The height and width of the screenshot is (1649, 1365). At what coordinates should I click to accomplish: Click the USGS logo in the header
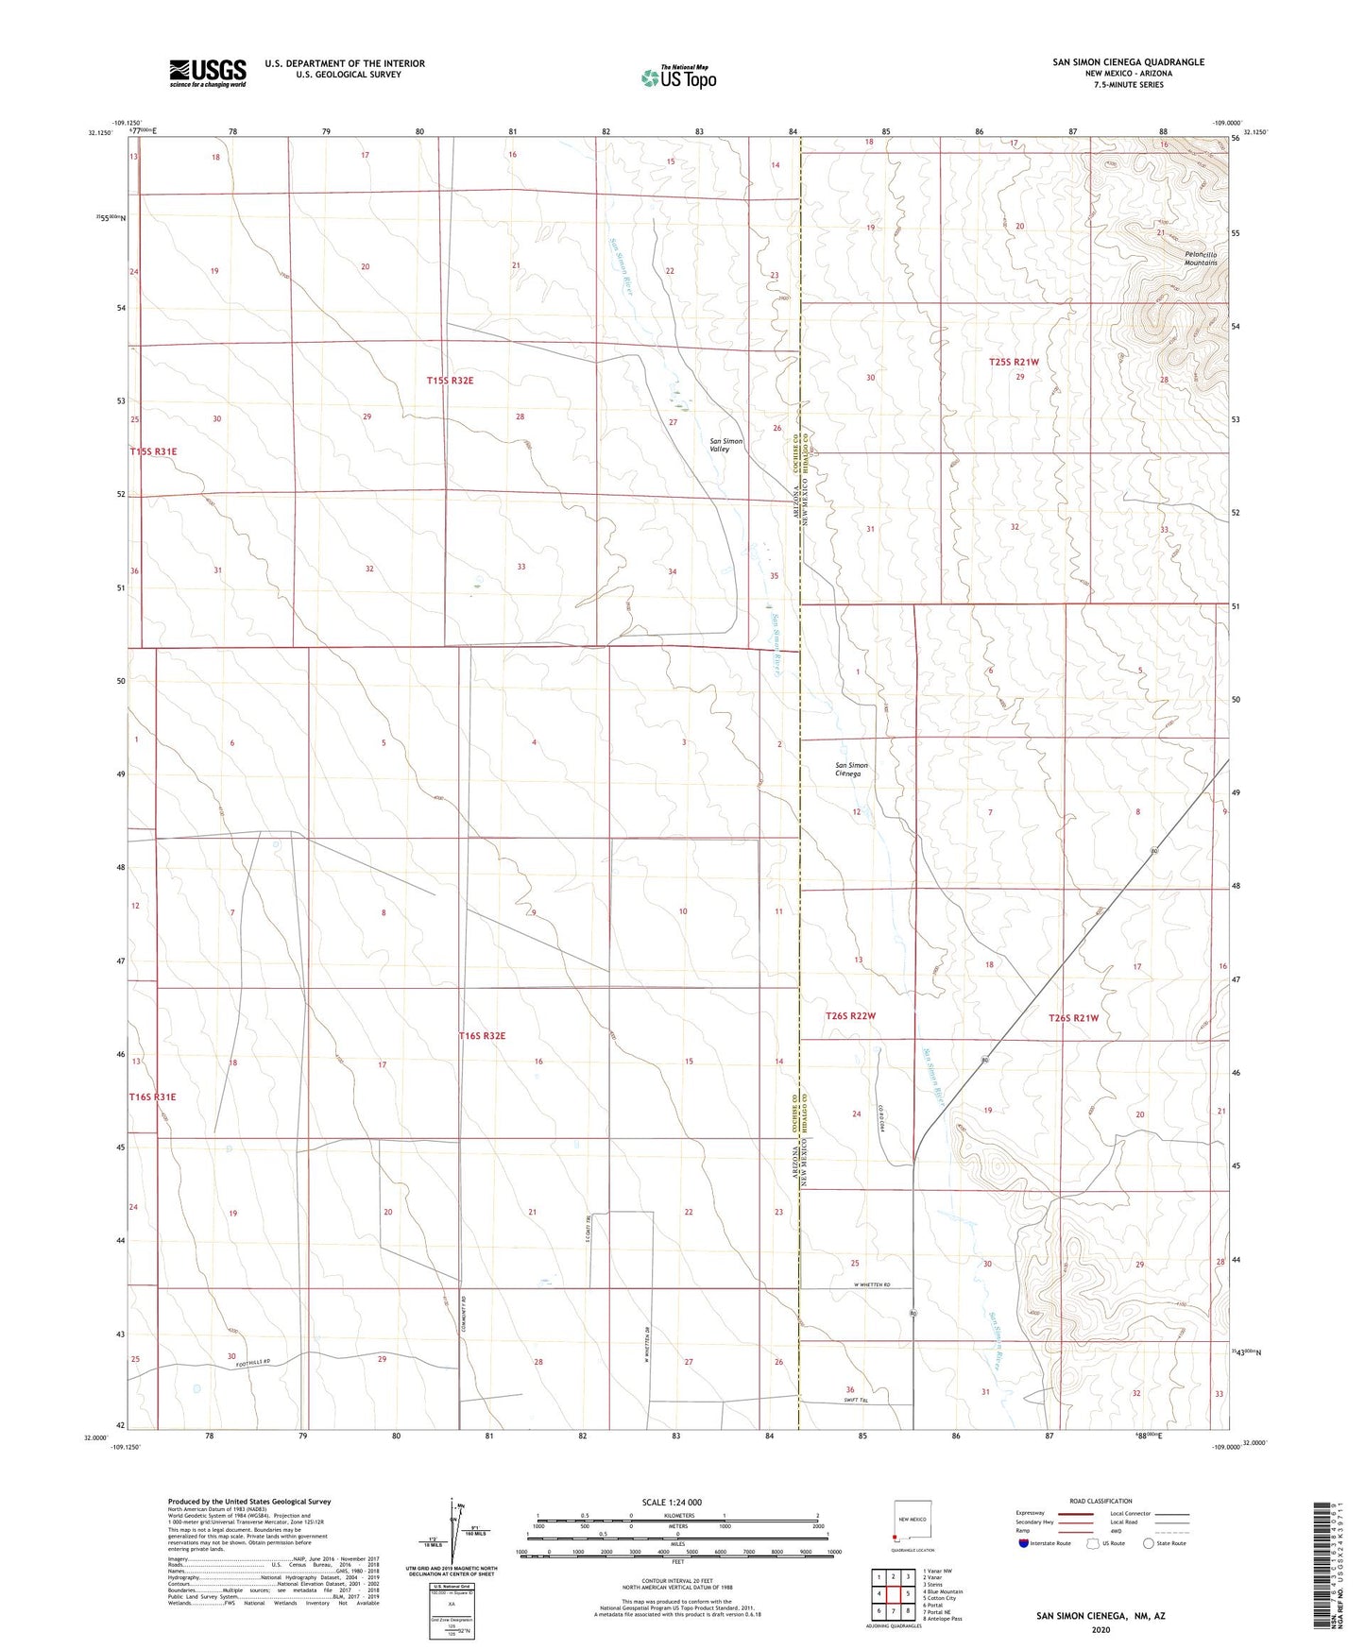point(208,72)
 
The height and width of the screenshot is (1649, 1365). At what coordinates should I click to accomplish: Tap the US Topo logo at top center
point(678,77)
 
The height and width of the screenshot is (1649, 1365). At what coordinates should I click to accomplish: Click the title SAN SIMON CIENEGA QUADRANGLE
point(1128,62)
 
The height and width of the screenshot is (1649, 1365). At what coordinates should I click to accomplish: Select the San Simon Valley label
point(725,445)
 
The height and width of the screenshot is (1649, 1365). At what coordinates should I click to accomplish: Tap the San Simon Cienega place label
point(852,769)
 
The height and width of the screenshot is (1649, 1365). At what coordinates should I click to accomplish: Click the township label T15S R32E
point(450,381)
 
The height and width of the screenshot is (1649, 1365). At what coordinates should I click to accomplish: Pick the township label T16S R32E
point(482,1036)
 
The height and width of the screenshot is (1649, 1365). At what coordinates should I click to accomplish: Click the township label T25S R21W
point(1014,362)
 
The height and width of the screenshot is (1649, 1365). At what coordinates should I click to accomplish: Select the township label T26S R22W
point(850,1016)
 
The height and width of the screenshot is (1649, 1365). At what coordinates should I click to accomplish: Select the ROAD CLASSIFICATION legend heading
point(1101,1501)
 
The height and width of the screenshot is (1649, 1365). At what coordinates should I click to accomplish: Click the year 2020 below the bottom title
point(1101,1629)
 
